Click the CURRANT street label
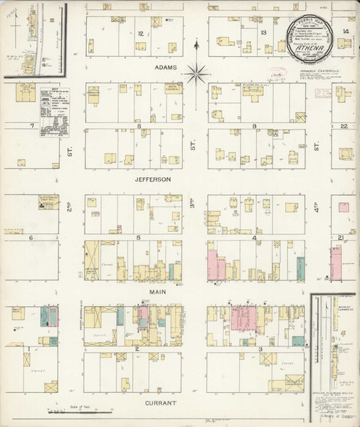(158, 404)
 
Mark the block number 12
(141, 33)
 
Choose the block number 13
(263, 33)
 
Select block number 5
(139, 237)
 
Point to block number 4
(254, 237)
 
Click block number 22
(343, 126)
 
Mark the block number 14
(345, 32)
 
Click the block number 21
(341, 237)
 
